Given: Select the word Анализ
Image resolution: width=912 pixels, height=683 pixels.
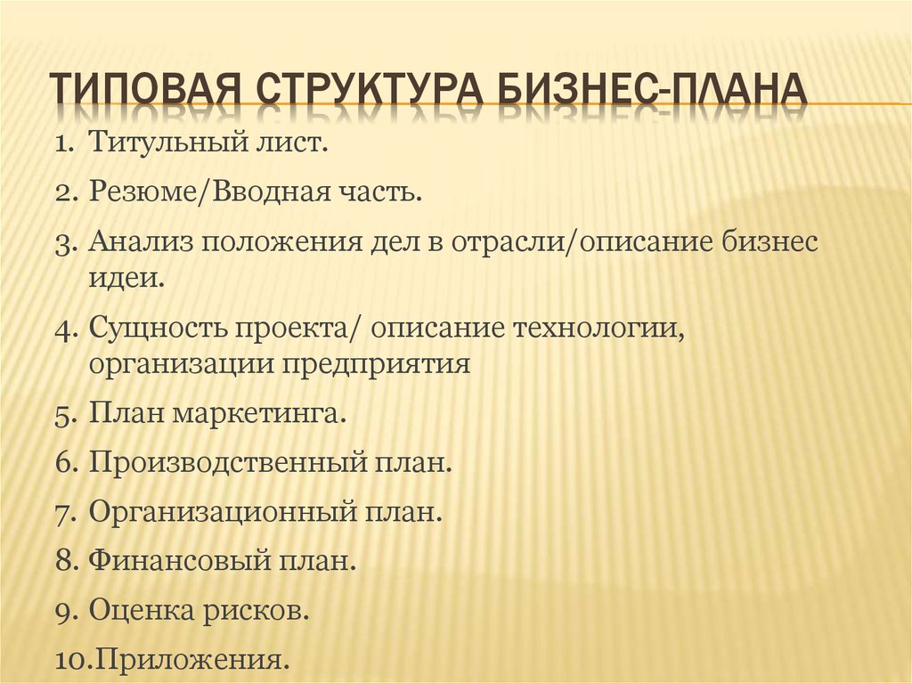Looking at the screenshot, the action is tap(140, 241).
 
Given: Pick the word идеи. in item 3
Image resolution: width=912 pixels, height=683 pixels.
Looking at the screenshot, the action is tap(126, 278).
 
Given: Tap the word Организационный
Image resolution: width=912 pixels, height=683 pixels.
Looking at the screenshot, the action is tap(223, 513).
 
